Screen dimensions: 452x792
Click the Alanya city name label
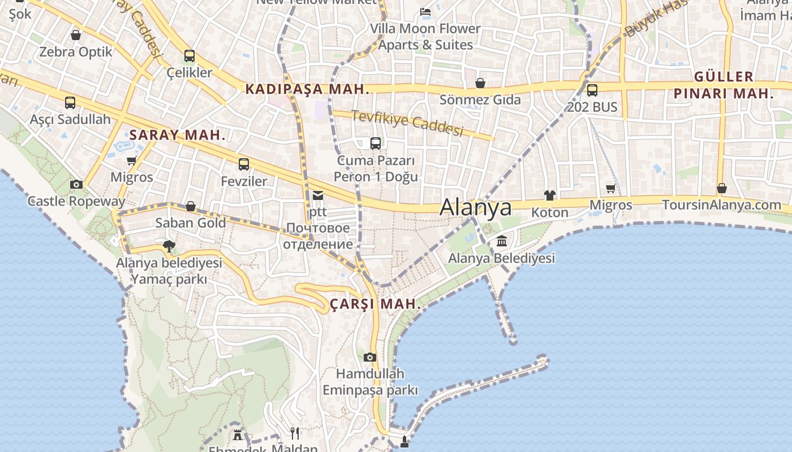[x=476, y=207]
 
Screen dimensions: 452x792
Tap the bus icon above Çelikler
[x=190, y=56]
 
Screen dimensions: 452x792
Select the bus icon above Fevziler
[x=244, y=164]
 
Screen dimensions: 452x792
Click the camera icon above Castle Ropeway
[x=76, y=184]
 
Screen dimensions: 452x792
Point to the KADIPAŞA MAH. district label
[x=307, y=89]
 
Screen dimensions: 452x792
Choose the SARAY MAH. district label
[x=178, y=136]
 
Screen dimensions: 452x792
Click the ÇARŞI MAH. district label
[x=376, y=304]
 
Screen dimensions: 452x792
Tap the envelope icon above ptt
[x=318, y=195]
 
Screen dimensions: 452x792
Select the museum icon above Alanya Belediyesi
[x=501, y=242]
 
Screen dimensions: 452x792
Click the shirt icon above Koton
[x=549, y=195]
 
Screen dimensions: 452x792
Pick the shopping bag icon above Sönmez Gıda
[x=480, y=84]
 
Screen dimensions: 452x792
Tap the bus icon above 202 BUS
[x=592, y=90]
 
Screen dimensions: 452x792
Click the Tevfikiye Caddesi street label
[x=407, y=123]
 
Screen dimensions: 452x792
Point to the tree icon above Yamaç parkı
[x=169, y=246]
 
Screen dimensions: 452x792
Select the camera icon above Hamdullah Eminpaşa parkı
[x=370, y=357]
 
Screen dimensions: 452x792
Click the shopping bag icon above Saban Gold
[x=191, y=206]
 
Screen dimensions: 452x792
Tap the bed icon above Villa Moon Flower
[x=425, y=11]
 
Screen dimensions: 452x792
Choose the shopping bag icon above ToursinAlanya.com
[x=722, y=188]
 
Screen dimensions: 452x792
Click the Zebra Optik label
[x=76, y=52]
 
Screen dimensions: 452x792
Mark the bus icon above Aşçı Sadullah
[x=70, y=103]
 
